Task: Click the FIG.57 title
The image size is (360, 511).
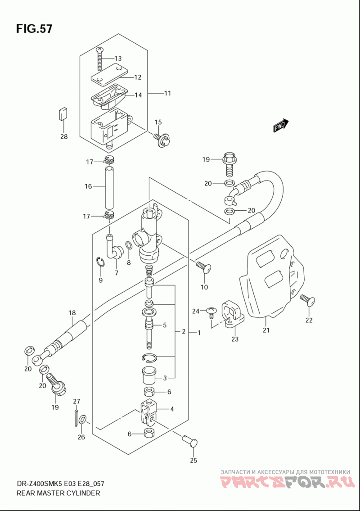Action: tap(34, 29)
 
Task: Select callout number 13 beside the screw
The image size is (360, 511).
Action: tap(117, 59)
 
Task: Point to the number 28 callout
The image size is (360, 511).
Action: tap(64, 136)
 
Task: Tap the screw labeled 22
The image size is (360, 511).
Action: tap(308, 300)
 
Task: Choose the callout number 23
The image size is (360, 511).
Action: tap(235, 339)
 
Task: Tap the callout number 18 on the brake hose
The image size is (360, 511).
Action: tap(72, 313)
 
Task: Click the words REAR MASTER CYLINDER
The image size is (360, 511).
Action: tap(58, 493)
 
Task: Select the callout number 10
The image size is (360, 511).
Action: tap(204, 287)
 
